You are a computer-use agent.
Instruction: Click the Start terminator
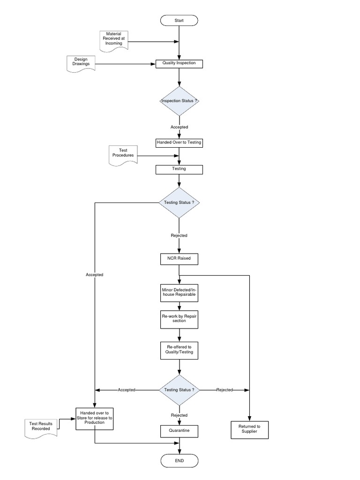point(179,21)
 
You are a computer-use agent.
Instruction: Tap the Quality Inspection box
point(179,63)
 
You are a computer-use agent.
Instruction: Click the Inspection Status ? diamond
point(179,101)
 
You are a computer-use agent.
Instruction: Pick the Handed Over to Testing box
point(179,142)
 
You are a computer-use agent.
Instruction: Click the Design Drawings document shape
point(81,63)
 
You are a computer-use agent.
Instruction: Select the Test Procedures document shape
point(123,154)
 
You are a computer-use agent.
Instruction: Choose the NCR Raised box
point(179,258)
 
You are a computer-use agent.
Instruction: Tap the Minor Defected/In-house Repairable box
point(179,294)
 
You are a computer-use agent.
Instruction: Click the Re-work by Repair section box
point(179,318)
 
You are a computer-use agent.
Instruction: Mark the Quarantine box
point(179,430)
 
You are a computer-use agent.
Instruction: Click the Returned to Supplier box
point(250,428)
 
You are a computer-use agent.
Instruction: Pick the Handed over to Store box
point(95,418)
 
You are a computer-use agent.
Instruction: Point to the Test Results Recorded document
point(40,427)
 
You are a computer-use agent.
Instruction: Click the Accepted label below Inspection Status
point(179,127)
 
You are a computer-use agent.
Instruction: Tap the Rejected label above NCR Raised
point(179,235)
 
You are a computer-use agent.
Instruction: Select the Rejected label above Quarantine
point(179,415)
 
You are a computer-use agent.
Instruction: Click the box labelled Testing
point(179,169)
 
